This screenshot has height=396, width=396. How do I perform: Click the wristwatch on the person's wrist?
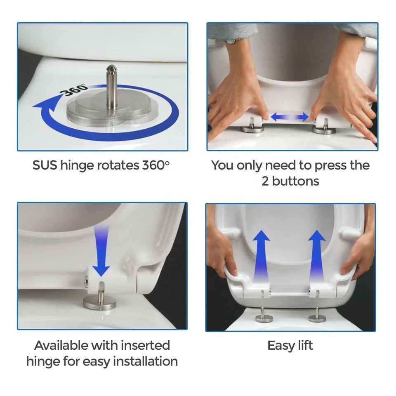point(231,40)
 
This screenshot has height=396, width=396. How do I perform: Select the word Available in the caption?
point(60,345)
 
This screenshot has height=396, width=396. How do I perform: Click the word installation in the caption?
point(145,361)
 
